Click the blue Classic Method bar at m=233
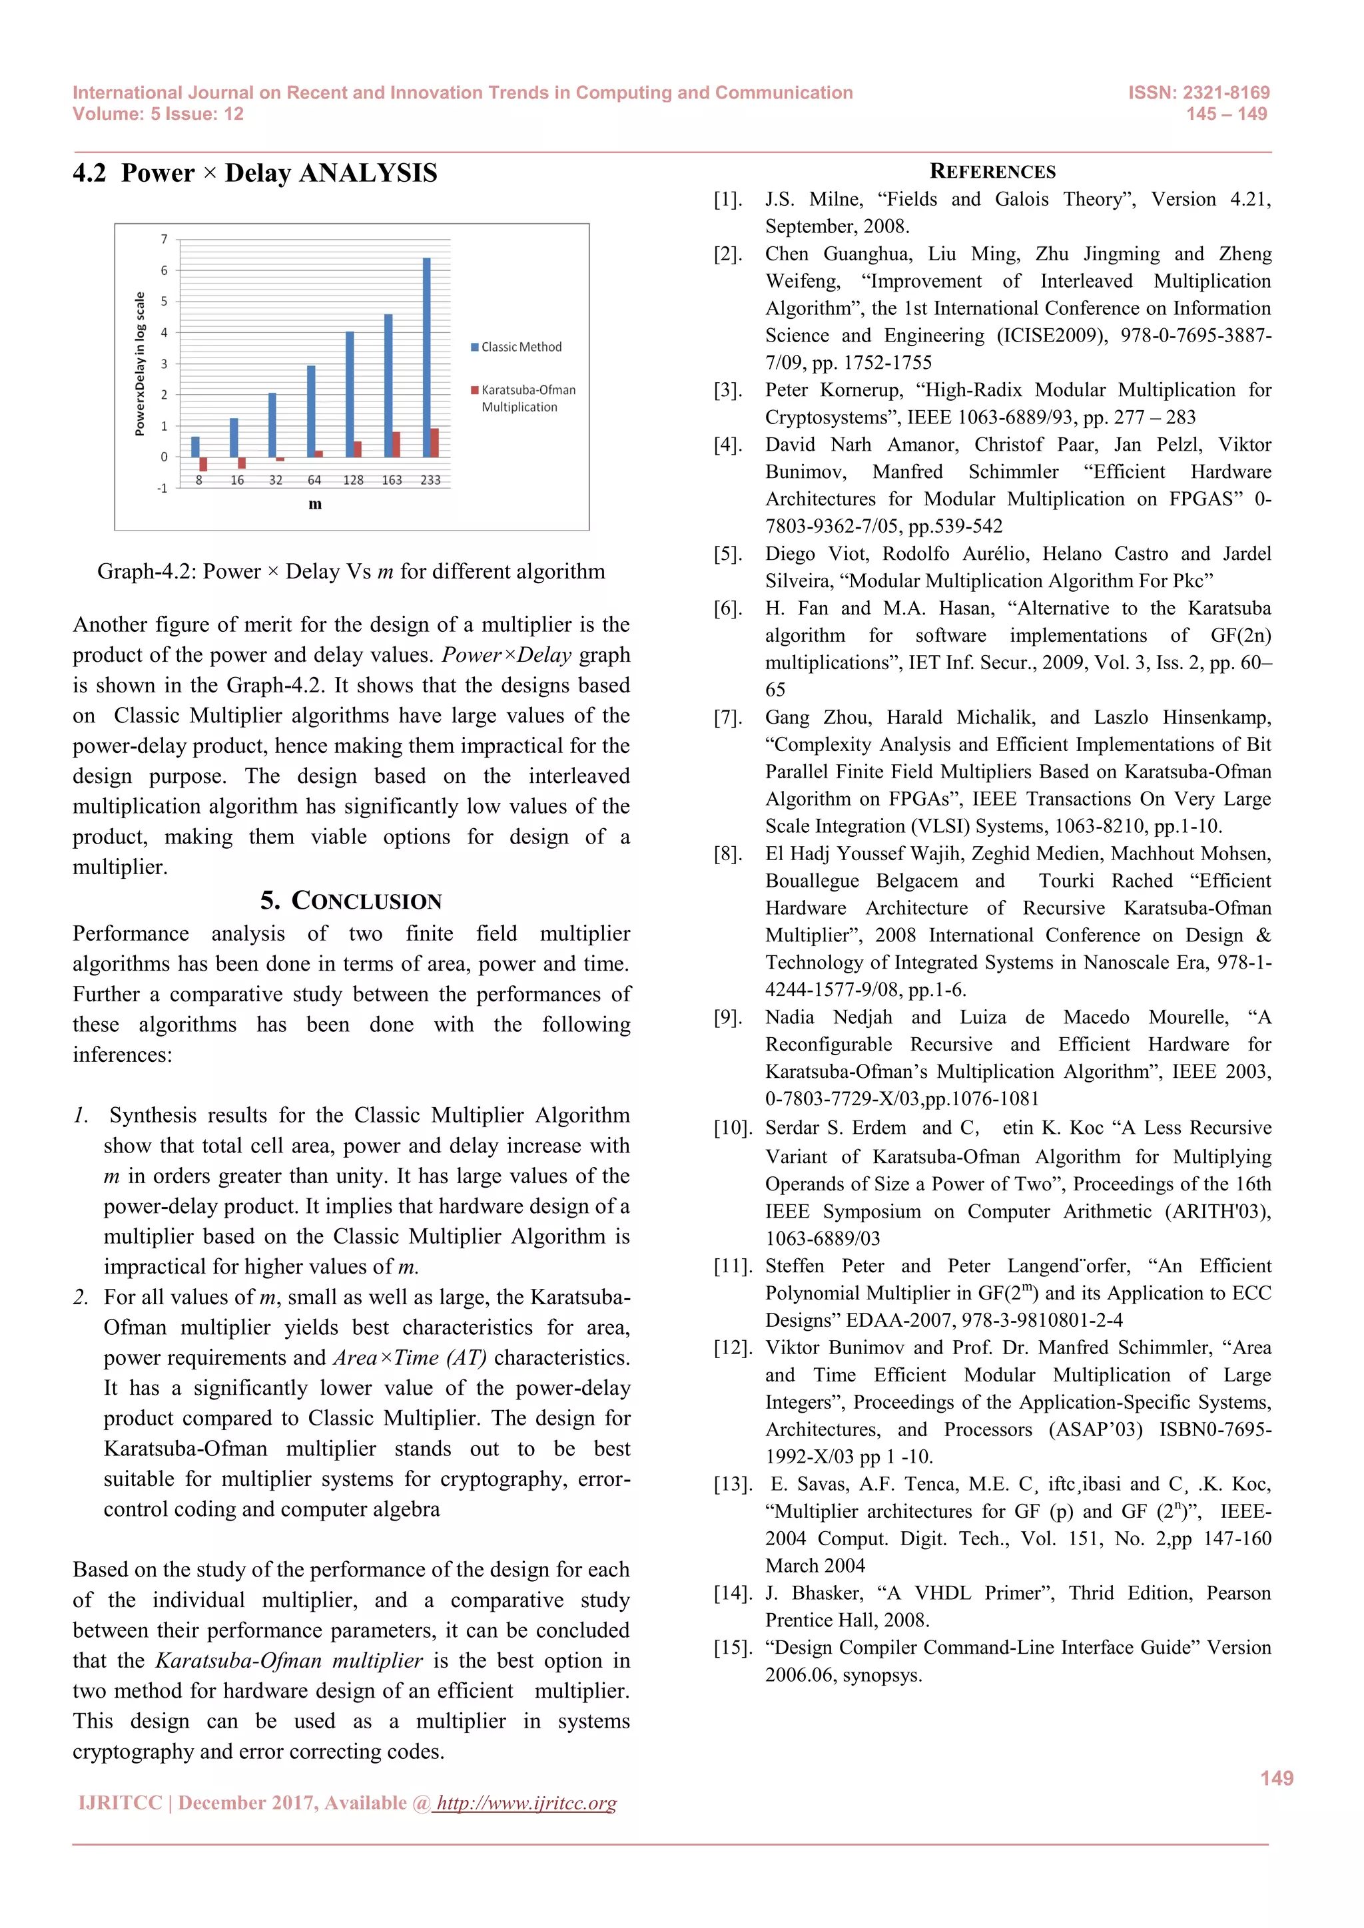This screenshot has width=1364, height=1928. click(427, 357)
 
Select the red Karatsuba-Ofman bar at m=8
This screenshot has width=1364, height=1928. click(203, 463)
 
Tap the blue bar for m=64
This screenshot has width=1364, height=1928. click(311, 411)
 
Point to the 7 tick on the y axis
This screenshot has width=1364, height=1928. click(165, 239)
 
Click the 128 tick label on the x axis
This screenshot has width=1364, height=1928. click(353, 480)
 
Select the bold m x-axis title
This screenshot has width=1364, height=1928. click(315, 504)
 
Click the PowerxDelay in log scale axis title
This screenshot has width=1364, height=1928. click(141, 363)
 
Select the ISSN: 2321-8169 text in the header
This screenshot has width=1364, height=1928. click(1199, 93)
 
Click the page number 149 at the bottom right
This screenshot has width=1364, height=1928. click(1276, 1778)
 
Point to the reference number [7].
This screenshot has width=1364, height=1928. click(727, 717)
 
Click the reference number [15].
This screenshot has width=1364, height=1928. click(731, 1648)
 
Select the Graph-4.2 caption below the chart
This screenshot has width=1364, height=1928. click(350, 571)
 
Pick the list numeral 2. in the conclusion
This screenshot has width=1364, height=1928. click(81, 1298)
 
